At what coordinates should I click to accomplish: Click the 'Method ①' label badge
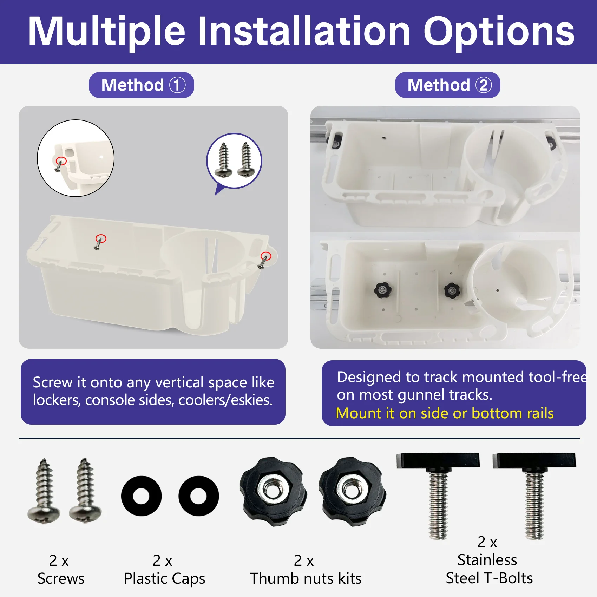[x=141, y=85]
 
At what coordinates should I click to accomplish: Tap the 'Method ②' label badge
[x=447, y=85]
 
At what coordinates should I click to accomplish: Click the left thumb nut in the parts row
[x=273, y=491]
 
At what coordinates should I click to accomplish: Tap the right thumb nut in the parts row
[x=352, y=491]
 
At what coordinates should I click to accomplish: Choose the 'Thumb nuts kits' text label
[x=306, y=578]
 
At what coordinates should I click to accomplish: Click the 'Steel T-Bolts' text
[x=489, y=578]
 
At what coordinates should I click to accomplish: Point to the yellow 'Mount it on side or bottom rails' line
[x=445, y=413]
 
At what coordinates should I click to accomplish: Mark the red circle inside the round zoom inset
[x=61, y=161]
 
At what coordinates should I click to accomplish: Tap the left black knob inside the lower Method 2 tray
[x=383, y=290]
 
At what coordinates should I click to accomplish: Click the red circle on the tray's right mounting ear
[x=266, y=256]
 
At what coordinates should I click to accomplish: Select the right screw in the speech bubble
[x=246, y=159]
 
